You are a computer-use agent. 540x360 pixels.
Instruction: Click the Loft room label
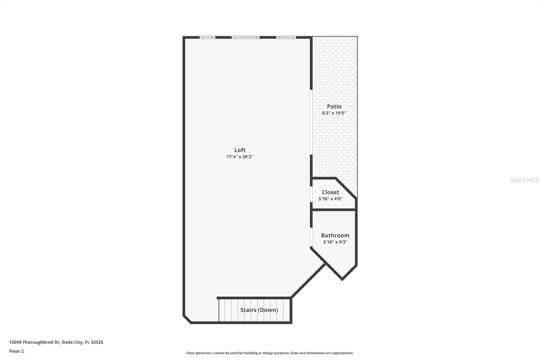(x=240, y=150)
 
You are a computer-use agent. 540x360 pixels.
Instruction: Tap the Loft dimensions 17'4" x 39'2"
(x=240, y=157)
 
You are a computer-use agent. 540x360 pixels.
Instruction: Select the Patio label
(x=334, y=106)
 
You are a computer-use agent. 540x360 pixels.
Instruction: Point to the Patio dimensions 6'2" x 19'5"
(x=334, y=113)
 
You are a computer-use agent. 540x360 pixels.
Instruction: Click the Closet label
(x=330, y=192)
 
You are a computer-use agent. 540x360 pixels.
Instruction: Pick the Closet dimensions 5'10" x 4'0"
(x=330, y=199)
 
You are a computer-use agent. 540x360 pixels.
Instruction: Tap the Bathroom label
(x=335, y=235)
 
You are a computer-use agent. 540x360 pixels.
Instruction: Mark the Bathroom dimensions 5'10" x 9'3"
(x=335, y=242)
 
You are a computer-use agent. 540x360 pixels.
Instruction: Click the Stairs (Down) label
(x=259, y=310)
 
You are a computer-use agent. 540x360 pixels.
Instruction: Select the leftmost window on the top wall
(x=207, y=37)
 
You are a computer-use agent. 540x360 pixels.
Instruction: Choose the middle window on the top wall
(x=245, y=37)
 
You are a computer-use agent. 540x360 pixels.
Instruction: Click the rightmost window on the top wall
(x=286, y=37)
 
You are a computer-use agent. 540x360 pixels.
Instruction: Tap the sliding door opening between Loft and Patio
(x=311, y=122)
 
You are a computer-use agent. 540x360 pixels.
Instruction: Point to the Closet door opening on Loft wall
(x=311, y=194)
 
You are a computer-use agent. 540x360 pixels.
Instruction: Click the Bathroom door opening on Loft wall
(x=311, y=237)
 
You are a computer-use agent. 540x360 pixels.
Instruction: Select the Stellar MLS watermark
(x=524, y=180)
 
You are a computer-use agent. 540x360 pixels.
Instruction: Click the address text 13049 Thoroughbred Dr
(x=34, y=342)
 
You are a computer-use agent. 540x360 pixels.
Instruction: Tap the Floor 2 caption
(x=16, y=351)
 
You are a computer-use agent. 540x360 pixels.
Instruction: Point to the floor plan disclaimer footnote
(x=270, y=353)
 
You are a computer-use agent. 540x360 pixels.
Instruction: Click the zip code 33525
(x=97, y=342)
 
